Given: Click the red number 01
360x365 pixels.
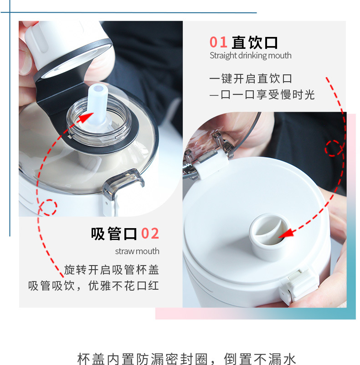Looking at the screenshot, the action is [218, 42].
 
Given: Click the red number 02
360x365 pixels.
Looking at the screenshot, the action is [150, 234].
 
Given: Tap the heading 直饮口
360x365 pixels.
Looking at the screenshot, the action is [255, 42].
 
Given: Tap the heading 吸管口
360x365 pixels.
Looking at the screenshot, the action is [114, 234].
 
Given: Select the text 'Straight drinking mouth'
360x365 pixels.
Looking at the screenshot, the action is [251, 56].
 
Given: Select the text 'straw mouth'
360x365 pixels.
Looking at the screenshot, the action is [137, 251].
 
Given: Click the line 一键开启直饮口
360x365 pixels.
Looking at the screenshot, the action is [251, 78].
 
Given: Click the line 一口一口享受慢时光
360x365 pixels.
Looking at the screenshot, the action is [262, 95].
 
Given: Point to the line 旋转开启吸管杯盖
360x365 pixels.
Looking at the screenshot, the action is [112, 270].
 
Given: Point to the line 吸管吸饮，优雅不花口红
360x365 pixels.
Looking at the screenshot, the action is [93, 286].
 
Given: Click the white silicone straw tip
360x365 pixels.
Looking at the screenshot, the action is [98, 104].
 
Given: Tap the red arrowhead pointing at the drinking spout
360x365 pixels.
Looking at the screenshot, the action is [286, 234].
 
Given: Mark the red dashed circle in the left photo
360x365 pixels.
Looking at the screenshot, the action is [48, 207].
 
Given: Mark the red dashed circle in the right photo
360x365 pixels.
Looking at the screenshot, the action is [334, 148].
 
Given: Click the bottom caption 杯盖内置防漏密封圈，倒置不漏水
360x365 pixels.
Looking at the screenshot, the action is [186, 359].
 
